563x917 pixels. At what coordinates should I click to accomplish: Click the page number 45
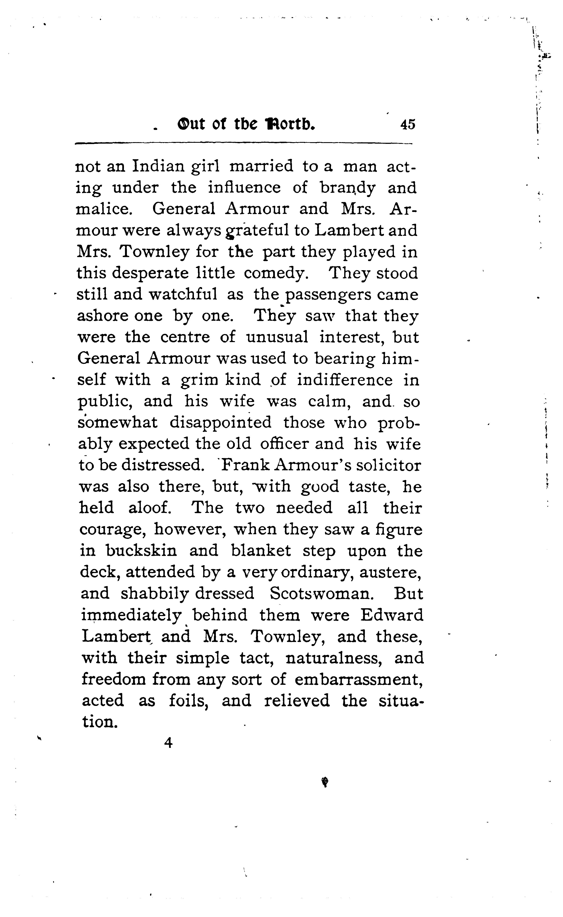coord(407,124)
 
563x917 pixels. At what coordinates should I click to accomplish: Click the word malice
coord(104,209)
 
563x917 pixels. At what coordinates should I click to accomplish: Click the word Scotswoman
coord(321,594)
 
